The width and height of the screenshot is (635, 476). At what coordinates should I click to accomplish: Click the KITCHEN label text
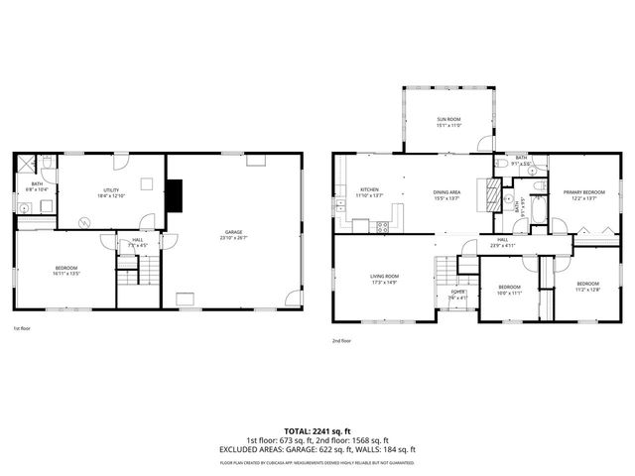click(369, 189)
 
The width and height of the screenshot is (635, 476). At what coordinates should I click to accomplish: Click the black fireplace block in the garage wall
click(175, 195)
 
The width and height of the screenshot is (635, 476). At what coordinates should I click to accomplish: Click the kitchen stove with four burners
click(382, 226)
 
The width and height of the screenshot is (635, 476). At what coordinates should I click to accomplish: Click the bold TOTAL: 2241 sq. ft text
click(317, 431)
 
